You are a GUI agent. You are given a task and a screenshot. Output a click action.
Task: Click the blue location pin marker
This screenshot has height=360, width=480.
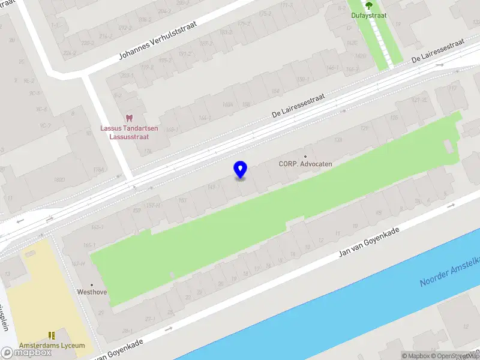(240, 170)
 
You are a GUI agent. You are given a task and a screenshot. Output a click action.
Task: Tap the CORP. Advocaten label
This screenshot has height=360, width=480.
(305, 164)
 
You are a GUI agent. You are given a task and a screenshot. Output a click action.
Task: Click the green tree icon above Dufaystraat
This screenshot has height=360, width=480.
(368, 5)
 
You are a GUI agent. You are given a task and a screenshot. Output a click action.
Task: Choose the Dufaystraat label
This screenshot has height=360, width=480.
(368, 15)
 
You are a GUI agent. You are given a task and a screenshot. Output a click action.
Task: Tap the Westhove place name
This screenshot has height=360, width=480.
(92, 292)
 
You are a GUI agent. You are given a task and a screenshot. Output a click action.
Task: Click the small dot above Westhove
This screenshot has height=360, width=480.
(92, 285)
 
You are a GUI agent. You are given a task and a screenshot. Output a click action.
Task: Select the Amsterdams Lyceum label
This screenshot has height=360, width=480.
(52, 346)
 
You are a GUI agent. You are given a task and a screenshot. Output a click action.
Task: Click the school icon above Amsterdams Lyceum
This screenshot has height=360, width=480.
(52, 335)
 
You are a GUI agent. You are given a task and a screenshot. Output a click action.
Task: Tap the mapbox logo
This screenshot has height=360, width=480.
(26, 353)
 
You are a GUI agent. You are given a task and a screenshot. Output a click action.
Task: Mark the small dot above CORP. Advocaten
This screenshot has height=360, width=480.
(305, 157)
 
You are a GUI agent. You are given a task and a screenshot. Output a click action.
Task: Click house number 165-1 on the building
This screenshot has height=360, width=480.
(90, 245)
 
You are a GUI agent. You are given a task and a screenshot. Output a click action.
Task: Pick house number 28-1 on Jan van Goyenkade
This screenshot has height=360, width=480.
(127, 331)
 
